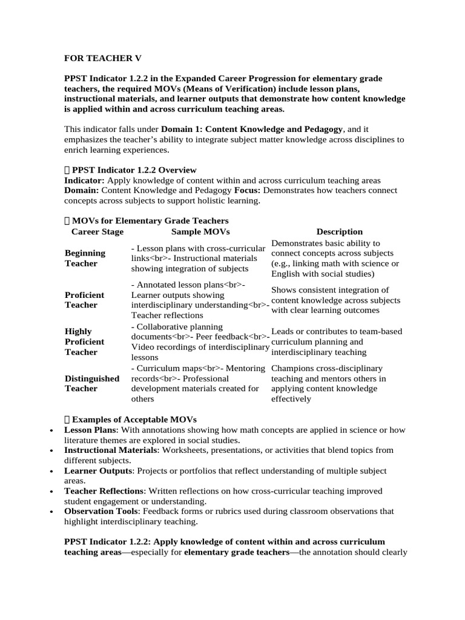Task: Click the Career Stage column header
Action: click(x=97, y=232)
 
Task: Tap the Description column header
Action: click(x=339, y=232)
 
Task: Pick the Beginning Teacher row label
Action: click(x=85, y=258)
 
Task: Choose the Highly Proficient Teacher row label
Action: click(x=84, y=341)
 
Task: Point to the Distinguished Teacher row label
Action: click(x=92, y=383)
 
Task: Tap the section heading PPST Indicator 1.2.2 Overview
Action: click(x=134, y=170)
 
